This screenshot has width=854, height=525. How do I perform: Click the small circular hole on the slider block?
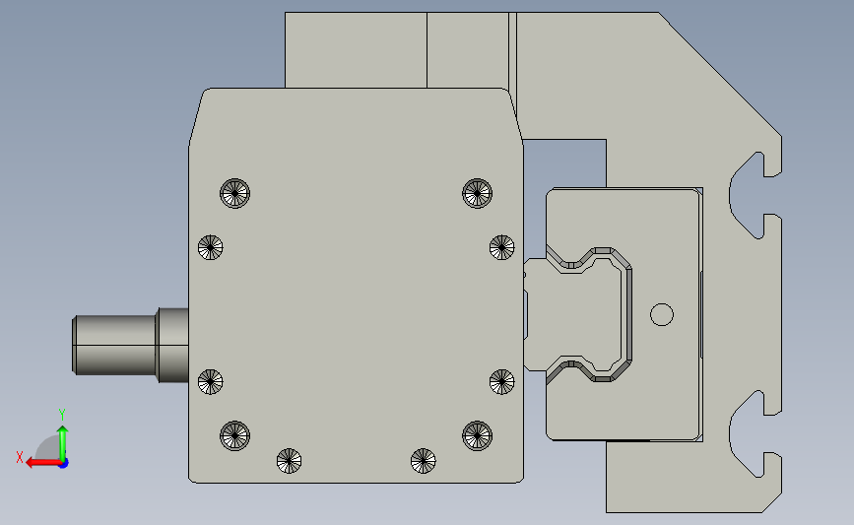[x=662, y=314]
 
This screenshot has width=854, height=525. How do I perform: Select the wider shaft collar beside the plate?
[x=172, y=345]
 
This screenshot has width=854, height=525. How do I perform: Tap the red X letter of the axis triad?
[x=19, y=456]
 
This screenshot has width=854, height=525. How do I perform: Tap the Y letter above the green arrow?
[x=61, y=414]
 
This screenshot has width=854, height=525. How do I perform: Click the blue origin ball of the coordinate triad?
[x=63, y=462]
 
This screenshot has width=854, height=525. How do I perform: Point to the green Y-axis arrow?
[x=62, y=438]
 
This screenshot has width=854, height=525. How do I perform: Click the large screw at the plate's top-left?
[x=235, y=193]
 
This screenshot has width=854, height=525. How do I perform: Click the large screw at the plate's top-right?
[x=477, y=192]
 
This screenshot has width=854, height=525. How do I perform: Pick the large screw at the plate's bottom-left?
[x=235, y=433]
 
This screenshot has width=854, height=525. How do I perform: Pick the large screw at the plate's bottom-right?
[x=477, y=433]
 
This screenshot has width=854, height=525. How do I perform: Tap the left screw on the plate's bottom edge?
[x=289, y=459]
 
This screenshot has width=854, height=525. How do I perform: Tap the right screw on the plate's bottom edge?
[x=423, y=459]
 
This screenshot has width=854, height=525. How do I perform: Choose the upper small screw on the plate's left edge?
[x=211, y=247]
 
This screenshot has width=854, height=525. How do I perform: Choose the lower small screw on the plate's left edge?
[x=211, y=381]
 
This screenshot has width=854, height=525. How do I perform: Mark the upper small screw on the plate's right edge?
[x=501, y=247]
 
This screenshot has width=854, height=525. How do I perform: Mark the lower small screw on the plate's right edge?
[x=501, y=381]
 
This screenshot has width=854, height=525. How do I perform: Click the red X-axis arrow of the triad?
[x=39, y=462]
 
